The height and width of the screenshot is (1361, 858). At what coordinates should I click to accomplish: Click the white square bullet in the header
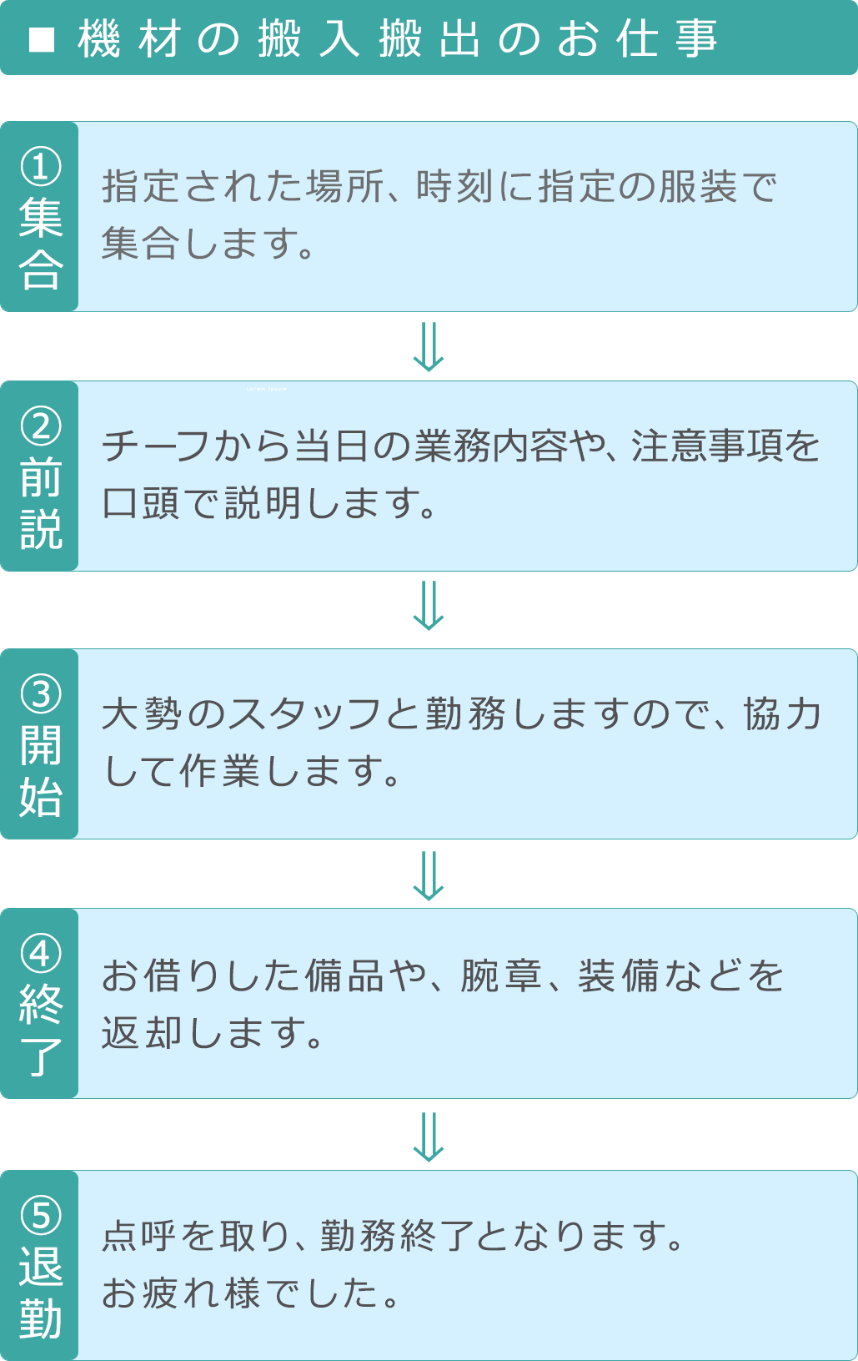click(42, 39)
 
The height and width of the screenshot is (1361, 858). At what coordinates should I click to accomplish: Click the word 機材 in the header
click(129, 39)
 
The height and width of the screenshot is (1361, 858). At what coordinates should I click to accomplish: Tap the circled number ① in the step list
click(41, 166)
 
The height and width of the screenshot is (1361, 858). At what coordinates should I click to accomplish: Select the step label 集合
click(41, 244)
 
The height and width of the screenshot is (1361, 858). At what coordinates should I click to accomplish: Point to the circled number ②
click(41, 426)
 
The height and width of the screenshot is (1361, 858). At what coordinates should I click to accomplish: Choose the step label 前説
click(41, 504)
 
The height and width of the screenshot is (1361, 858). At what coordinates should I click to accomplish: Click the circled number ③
click(41, 694)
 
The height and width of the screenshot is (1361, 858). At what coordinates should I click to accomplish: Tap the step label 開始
click(41, 772)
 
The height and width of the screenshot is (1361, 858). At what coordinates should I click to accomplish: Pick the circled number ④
click(41, 954)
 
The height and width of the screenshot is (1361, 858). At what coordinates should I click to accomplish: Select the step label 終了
click(41, 1031)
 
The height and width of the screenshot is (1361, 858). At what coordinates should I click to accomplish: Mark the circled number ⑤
click(41, 1215)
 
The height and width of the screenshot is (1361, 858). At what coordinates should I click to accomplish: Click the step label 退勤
click(41, 1293)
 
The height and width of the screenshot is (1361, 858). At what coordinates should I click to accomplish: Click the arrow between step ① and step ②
click(429, 346)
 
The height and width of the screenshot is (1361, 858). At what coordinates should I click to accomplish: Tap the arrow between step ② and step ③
click(429, 606)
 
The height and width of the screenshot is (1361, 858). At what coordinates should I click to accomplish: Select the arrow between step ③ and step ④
click(429, 875)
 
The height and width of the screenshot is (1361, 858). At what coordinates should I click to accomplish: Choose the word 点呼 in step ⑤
click(139, 1236)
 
